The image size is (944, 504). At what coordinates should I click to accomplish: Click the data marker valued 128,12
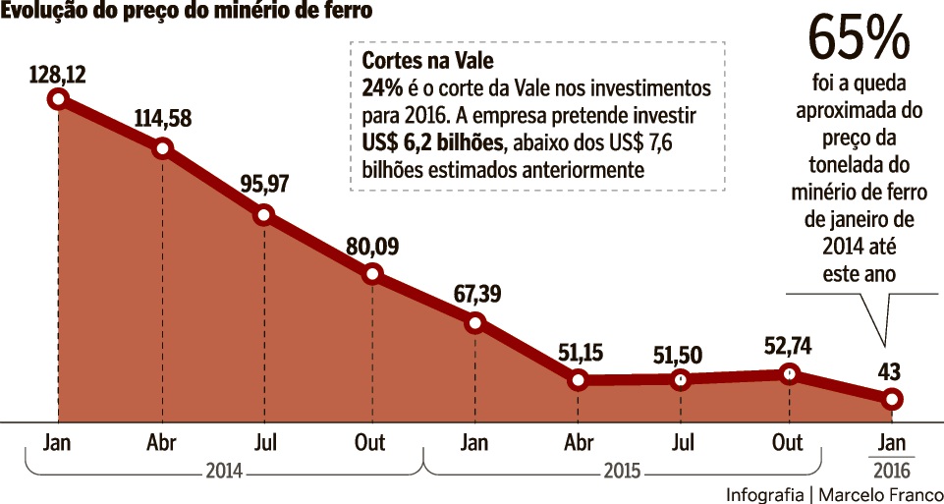coord(58,98)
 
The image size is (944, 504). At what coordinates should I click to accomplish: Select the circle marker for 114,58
coord(163,148)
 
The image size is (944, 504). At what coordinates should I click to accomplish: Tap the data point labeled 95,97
coord(264,215)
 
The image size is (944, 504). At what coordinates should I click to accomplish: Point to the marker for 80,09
coord(371,273)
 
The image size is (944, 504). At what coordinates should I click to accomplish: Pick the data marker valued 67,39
coord(474,322)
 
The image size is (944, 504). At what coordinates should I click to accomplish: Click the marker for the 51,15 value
coord(578,379)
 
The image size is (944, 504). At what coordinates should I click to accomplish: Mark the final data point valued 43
coord(891,398)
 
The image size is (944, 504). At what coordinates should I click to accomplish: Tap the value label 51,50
coord(684,351)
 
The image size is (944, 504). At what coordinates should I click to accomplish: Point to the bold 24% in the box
coord(382,87)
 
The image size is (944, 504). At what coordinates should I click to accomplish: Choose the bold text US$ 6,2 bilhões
coord(432,142)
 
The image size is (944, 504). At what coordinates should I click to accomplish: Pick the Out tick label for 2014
coord(369,442)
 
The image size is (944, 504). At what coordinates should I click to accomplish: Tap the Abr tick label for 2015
coord(579,442)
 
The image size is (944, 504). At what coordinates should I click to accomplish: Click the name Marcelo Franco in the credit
coord(881,493)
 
